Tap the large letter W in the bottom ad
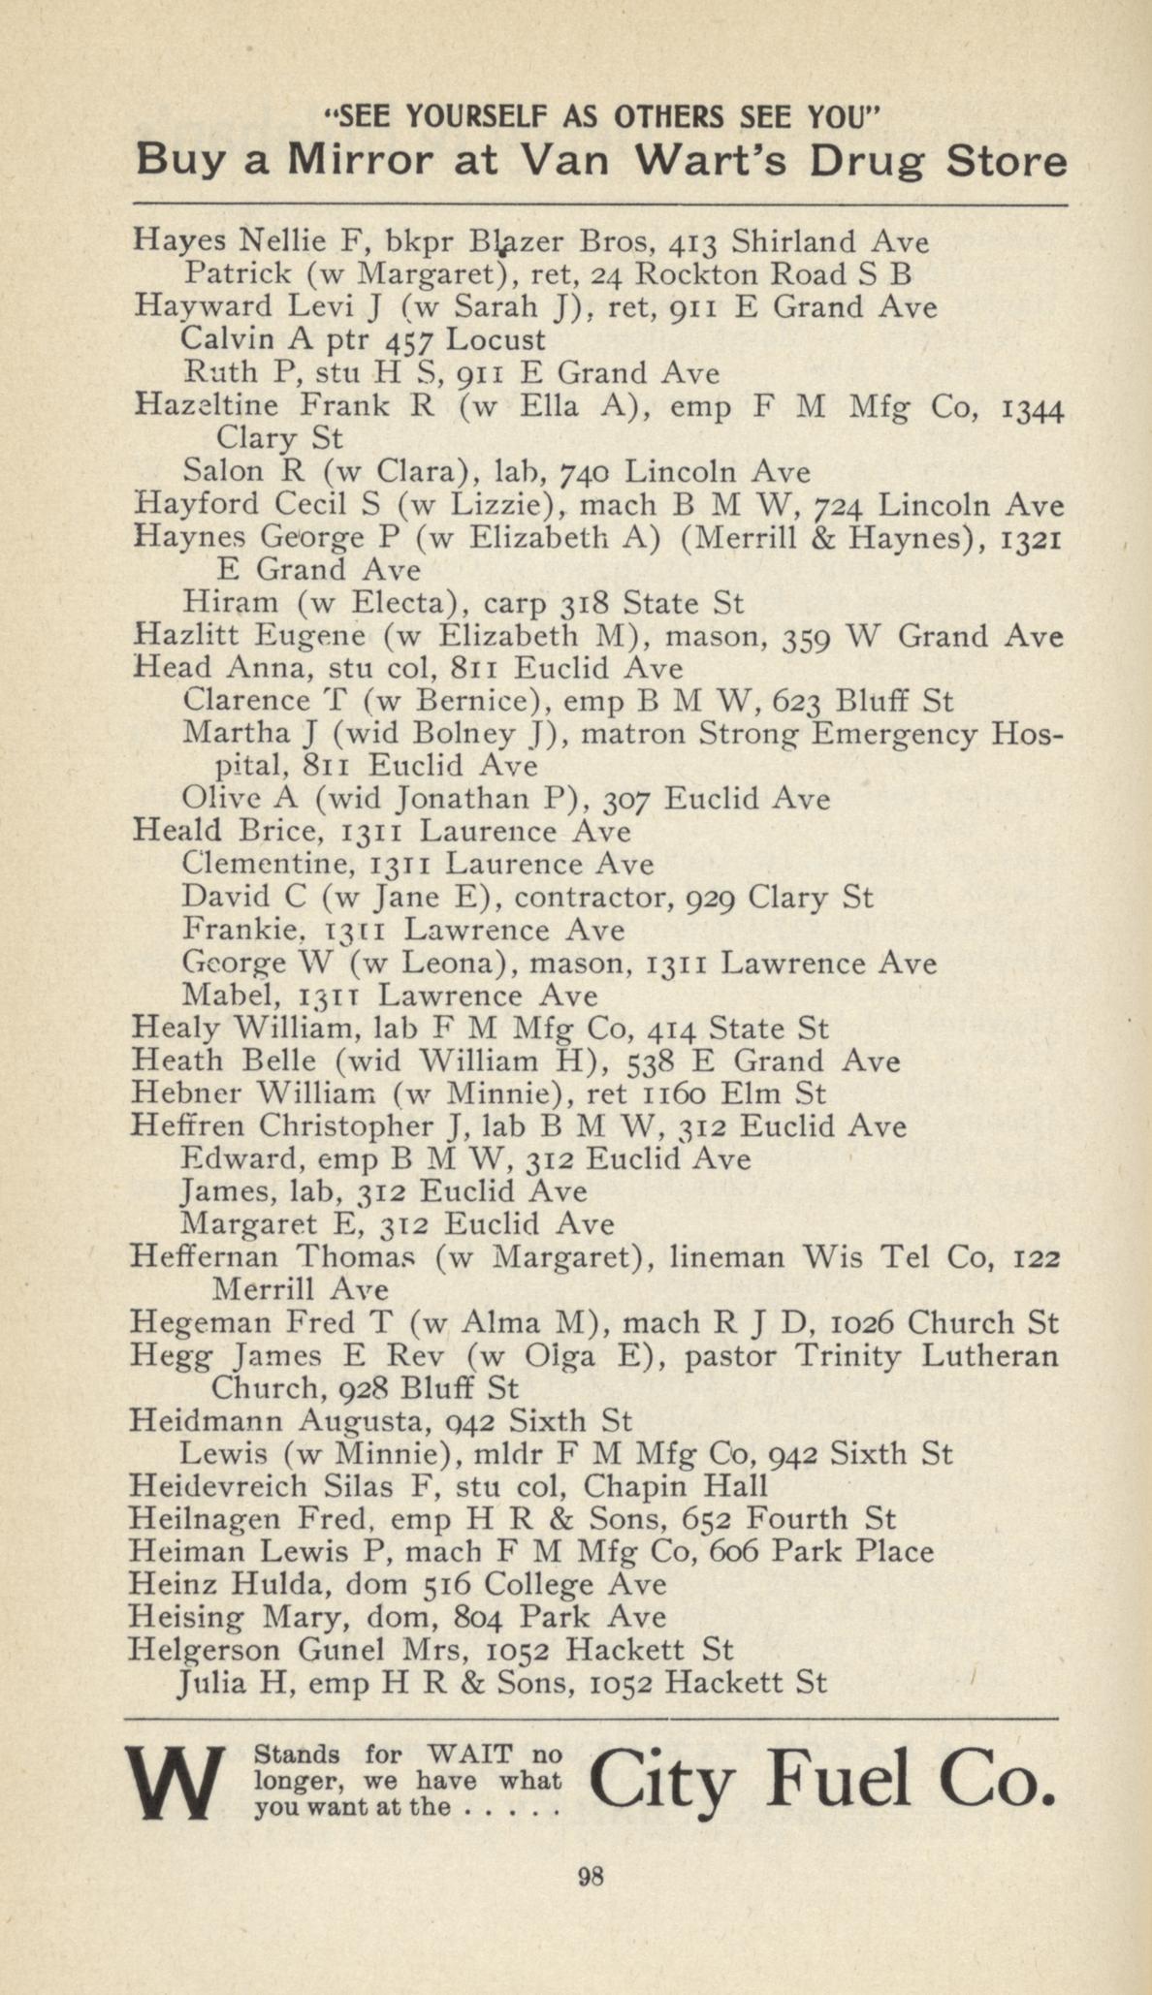(176, 1782)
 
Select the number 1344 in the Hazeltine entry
(1030, 406)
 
